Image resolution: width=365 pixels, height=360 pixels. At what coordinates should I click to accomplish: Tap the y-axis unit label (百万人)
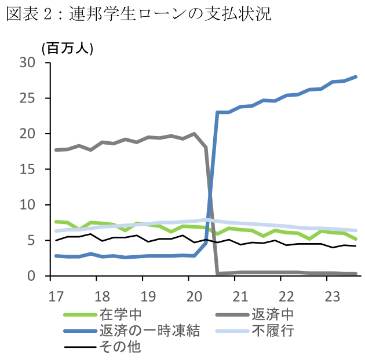pos(67,48)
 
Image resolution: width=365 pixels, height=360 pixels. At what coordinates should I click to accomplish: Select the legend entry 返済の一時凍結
pos(149,331)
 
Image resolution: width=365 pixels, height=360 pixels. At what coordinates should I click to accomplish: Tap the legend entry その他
pos(120,347)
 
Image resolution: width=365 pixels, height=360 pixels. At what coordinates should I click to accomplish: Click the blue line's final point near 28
pos(356,76)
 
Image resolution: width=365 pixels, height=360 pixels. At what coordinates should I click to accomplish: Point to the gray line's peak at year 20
pos(195,134)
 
